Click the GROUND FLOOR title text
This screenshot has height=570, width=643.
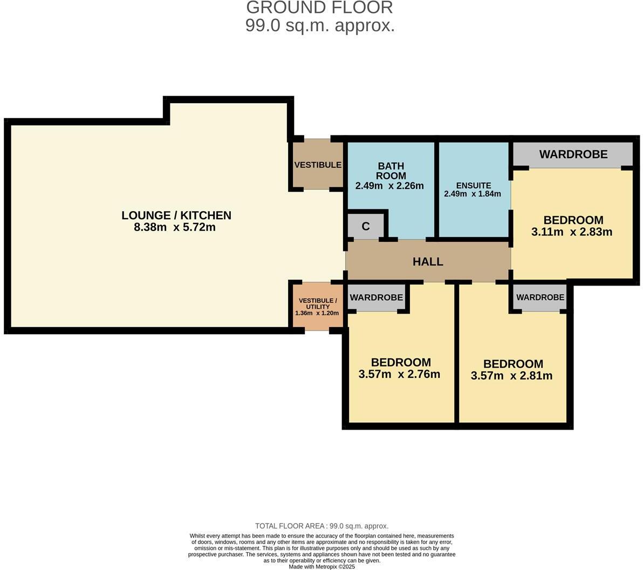coord(320,8)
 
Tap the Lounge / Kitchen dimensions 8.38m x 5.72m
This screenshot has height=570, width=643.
coord(175,227)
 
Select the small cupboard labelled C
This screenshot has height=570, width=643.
coord(366,226)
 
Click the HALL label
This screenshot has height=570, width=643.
coord(428,262)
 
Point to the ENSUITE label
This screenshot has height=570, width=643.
coord(473,186)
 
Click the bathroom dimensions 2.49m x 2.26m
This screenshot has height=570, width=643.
coord(389,186)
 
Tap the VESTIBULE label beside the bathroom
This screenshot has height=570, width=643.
coord(318,165)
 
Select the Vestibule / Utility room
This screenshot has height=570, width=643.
coord(318,306)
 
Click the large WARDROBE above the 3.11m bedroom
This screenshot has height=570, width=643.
coord(573,154)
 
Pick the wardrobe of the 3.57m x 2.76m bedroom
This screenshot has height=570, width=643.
coord(376,297)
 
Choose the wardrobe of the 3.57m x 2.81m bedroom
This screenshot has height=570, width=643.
coord(540,297)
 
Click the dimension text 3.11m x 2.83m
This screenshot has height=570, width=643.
coord(572,232)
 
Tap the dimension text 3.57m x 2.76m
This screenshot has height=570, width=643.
coord(399,374)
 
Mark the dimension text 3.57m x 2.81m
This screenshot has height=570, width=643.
coord(511,376)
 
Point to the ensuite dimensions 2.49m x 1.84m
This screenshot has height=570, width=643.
coord(473,194)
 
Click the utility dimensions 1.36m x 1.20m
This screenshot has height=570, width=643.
coord(317,313)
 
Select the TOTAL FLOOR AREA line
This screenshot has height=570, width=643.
coord(321,526)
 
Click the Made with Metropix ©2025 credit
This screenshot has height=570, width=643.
coord(321,567)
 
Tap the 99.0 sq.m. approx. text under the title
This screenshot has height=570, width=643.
coord(320,25)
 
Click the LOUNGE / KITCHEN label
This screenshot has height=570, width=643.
coord(176,215)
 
